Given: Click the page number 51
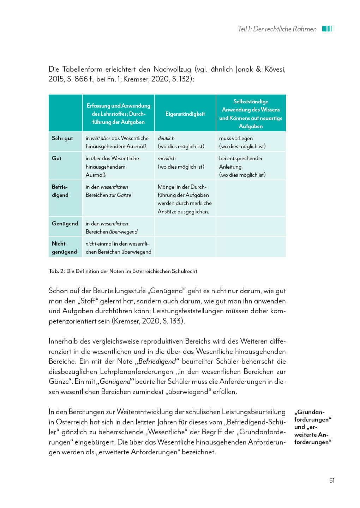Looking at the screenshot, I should [x=332, y=480].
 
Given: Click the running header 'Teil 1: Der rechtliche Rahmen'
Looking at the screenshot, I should [x=277, y=29].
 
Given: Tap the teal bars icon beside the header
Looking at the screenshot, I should [x=328, y=29].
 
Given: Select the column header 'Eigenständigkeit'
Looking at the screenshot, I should [x=185, y=114].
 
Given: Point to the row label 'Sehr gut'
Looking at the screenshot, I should [x=62, y=138].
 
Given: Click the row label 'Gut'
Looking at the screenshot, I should [x=57, y=158].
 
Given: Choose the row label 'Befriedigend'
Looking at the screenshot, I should [x=60, y=191].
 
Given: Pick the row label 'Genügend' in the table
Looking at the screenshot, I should [x=65, y=224].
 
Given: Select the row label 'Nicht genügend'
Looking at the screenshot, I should [x=64, y=248].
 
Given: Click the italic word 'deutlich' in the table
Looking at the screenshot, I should [x=166, y=138].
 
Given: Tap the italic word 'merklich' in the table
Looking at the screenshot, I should [x=166, y=158].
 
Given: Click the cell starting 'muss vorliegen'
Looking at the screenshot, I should [x=242, y=142].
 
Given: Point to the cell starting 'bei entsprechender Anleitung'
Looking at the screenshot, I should [x=242, y=167].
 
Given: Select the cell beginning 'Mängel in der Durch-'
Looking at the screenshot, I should [x=184, y=199].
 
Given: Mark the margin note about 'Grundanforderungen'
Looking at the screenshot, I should [x=313, y=427].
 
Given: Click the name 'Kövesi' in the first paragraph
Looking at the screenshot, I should [x=275, y=69].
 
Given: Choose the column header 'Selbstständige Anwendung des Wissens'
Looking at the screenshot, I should [x=251, y=114].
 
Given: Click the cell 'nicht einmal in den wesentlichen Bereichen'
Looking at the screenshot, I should [x=118, y=248].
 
